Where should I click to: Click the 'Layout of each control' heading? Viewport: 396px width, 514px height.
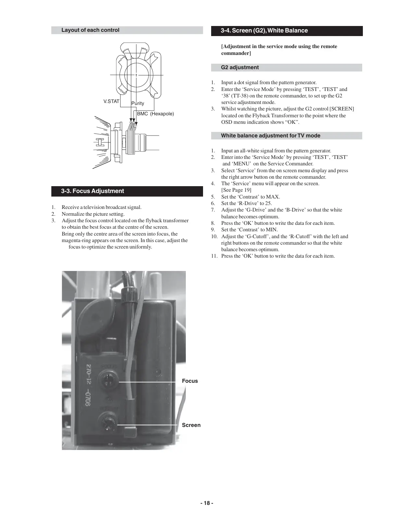click(x=90, y=30)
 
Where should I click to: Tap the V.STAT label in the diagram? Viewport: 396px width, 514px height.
click(x=111, y=101)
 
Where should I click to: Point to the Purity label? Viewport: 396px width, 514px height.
click(x=138, y=103)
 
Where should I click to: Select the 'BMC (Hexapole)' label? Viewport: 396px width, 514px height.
click(x=155, y=114)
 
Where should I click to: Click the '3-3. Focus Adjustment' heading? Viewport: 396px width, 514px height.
click(x=93, y=191)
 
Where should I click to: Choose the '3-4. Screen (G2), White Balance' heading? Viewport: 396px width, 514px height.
click(x=264, y=31)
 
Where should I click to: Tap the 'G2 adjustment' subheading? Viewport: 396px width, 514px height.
click(x=240, y=68)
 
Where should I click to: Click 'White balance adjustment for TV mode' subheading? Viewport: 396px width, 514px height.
click(x=271, y=136)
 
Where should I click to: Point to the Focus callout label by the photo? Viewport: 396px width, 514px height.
click(x=190, y=381)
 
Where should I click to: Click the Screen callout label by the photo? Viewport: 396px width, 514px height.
click(x=191, y=425)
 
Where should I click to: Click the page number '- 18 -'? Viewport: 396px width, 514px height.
click(x=207, y=503)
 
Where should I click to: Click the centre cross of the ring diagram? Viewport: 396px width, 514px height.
click(x=136, y=75)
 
